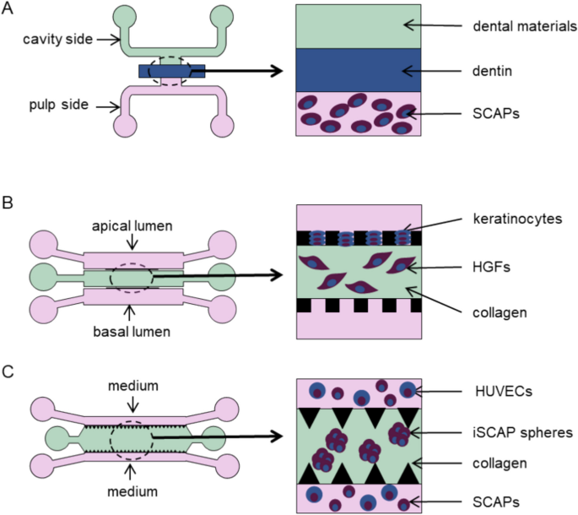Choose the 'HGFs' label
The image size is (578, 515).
click(x=490, y=267)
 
